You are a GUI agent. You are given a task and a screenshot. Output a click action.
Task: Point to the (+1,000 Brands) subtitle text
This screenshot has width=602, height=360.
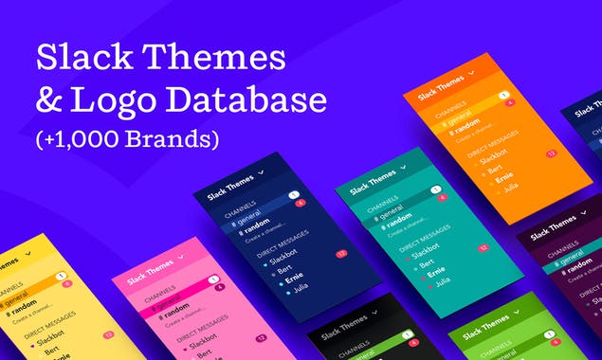pos(127,138)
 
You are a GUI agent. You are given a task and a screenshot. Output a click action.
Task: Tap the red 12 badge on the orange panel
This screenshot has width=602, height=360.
pos(550,153)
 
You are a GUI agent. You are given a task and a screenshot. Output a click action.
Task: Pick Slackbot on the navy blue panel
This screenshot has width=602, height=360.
pos(283,257)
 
